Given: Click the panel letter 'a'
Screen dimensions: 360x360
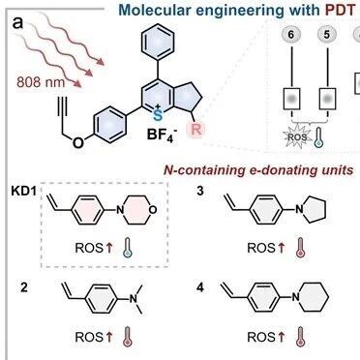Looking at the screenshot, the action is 18,23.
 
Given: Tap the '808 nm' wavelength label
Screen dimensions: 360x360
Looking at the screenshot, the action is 41,82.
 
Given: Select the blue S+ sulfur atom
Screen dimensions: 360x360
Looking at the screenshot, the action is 158,114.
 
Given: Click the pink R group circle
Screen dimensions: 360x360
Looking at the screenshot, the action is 196,129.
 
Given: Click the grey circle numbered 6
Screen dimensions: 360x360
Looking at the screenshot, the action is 291,35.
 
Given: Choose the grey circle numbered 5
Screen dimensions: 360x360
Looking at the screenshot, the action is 327,35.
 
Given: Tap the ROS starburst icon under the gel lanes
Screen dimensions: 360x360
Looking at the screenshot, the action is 297,136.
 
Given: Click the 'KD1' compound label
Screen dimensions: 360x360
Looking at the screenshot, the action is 24,191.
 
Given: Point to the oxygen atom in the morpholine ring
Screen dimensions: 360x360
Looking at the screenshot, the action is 153,210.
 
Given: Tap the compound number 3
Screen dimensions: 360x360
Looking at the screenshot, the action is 200,191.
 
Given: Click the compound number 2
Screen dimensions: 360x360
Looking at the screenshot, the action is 24,287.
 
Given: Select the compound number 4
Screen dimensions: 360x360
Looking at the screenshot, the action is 200,287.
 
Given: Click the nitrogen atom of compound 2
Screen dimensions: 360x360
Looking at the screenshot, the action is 133,298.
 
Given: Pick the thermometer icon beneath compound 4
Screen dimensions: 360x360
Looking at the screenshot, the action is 301,337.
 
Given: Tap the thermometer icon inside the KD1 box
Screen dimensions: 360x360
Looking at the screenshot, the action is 129,248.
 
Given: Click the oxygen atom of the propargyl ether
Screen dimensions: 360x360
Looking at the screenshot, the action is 78,142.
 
